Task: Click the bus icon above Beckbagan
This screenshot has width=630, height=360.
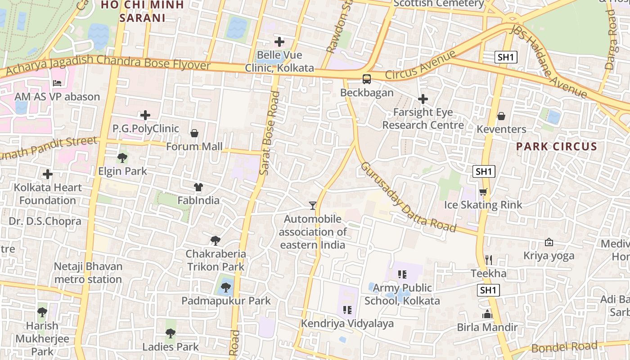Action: click(x=367, y=79)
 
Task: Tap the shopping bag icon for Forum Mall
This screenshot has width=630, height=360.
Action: click(x=194, y=133)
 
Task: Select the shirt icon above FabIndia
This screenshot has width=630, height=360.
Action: click(x=198, y=187)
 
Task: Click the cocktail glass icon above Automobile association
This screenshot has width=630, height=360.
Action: click(x=313, y=206)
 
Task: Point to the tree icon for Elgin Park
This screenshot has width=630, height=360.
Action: click(x=122, y=158)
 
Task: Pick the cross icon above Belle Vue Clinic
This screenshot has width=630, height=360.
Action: click(x=279, y=42)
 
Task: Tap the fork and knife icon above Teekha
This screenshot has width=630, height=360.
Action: click(x=489, y=260)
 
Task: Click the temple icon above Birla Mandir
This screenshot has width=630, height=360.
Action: click(x=487, y=314)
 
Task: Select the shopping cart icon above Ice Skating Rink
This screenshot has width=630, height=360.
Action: click(x=483, y=192)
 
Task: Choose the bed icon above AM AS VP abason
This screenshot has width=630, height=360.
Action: click(x=57, y=83)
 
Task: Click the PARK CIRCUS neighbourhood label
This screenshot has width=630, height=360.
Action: click(x=556, y=146)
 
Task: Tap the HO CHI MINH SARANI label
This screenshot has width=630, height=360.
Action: click(x=142, y=11)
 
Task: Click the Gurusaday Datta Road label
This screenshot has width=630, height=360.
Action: click(x=408, y=197)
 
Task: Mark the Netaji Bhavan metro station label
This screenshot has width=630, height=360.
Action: click(x=88, y=273)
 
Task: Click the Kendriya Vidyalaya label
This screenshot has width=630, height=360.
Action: click(x=347, y=324)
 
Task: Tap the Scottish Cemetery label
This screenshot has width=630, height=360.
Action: click(x=439, y=4)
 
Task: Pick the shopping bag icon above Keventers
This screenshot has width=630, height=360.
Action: click(x=501, y=116)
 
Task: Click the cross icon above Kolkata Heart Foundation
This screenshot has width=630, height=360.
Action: click(x=48, y=174)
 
